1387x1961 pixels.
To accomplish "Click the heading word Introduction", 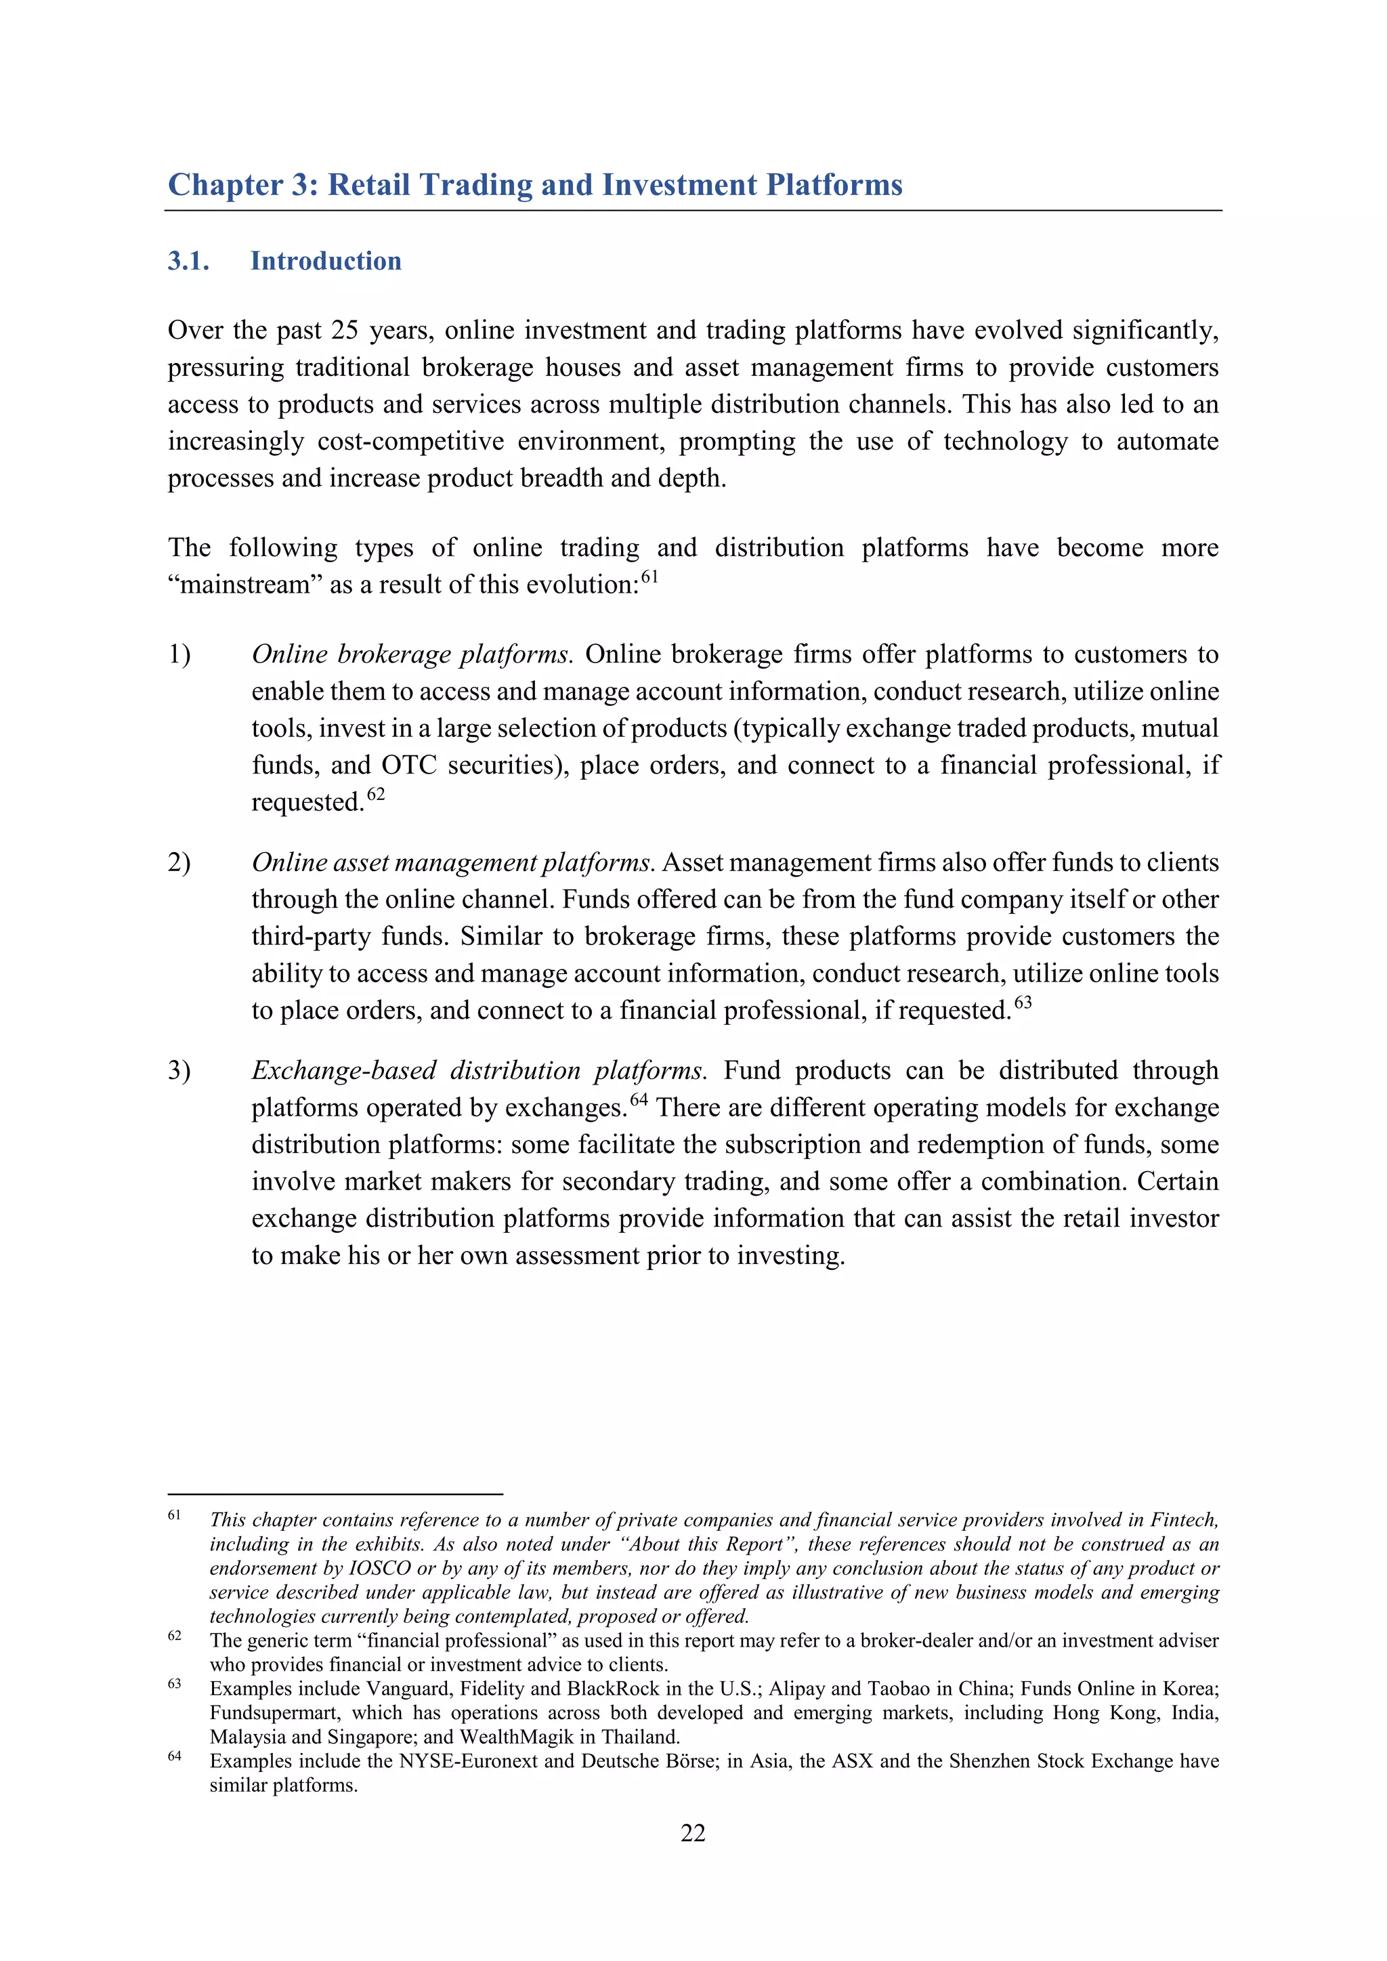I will (325, 261).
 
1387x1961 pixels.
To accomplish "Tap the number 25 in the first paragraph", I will (345, 331).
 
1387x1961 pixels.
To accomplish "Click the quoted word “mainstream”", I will (229, 585).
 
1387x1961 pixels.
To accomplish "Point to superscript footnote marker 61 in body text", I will (650, 577).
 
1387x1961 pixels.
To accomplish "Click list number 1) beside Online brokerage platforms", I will (179, 654).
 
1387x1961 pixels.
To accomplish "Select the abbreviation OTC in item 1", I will (409, 765).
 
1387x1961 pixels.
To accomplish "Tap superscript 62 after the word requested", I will (376, 795).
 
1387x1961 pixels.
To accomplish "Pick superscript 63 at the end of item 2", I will (1023, 1002).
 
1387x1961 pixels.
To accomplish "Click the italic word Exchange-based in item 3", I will (343, 1071).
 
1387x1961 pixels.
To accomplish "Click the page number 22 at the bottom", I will (693, 1833).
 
